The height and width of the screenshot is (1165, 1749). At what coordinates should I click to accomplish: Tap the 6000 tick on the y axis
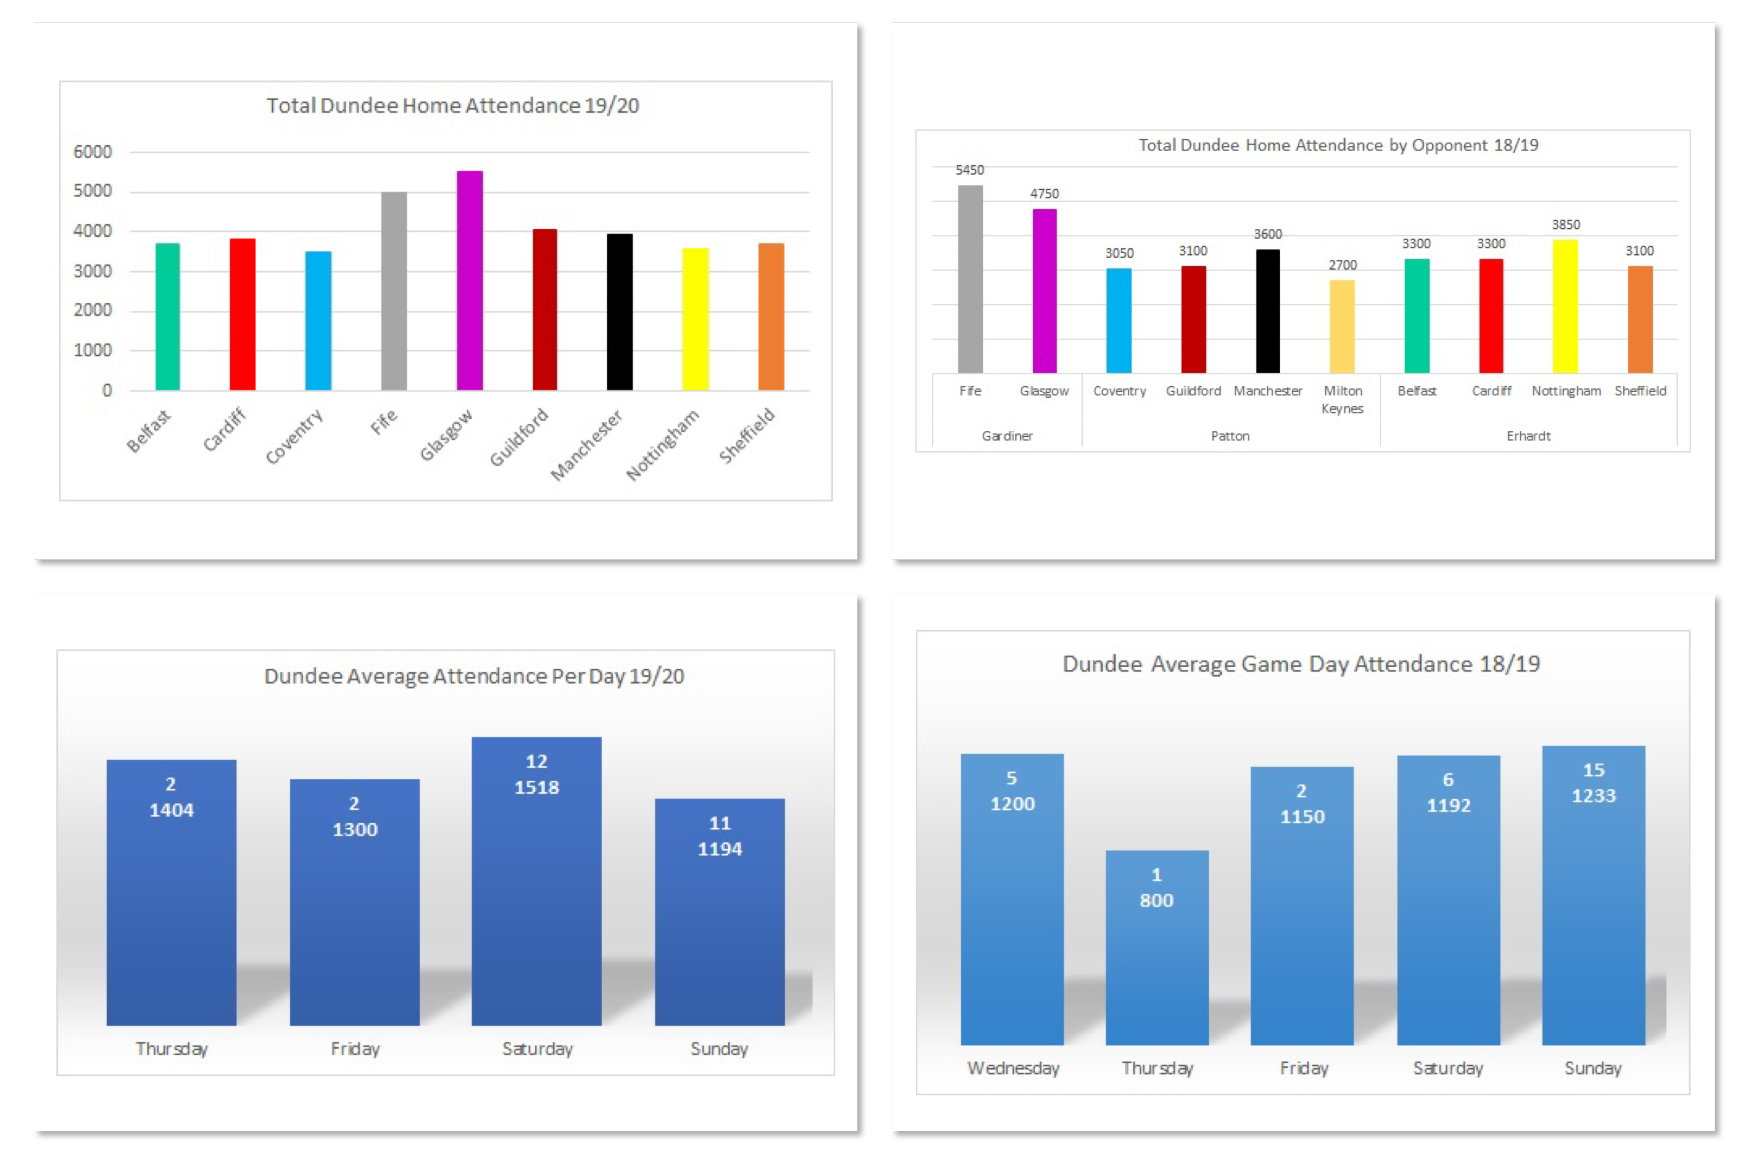coord(93,152)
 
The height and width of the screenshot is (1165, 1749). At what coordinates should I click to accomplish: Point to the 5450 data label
coord(969,170)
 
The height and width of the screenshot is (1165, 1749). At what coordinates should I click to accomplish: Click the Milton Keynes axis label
coord(1343,399)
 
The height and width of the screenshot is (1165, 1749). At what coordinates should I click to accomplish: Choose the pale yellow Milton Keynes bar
coord(1342,326)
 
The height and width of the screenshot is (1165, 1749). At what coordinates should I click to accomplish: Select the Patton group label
coord(1230,436)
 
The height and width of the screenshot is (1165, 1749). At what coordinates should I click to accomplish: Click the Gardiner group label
coord(1007,436)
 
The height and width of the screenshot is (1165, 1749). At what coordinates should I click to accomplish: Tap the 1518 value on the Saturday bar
coord(536,788)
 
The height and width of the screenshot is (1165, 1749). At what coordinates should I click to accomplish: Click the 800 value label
coord(1157,900)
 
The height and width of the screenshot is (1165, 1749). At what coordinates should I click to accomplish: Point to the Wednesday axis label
coord(1013,1069)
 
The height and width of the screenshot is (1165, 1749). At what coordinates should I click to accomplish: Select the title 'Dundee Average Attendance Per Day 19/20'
coord(474,676)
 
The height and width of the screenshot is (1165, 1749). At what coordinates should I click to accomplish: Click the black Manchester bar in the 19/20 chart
coord(619,312)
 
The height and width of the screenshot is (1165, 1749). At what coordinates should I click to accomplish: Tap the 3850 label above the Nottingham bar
coord(1566,225)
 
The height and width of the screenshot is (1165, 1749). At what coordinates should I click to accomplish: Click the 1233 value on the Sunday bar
coord(1593,796)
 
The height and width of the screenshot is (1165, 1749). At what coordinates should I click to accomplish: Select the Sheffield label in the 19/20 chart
coord(747,436)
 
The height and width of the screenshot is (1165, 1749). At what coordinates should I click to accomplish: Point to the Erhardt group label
coord(1528,436)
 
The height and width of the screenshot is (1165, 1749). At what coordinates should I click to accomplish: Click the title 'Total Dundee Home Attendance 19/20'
coord(452,106)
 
